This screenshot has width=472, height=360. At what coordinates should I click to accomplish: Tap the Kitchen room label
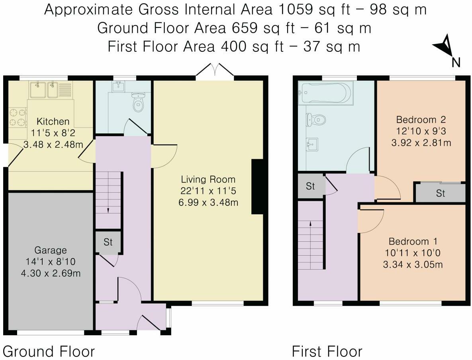(53, 121)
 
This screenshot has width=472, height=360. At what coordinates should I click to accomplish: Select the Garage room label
(51, 250)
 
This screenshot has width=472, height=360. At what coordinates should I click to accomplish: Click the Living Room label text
(208, 179)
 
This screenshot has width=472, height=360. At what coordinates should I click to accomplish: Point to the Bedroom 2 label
(421, 120)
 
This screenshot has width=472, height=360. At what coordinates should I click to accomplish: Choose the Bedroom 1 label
(413, 241)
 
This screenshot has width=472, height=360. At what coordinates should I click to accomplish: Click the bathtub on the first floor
(325, 93)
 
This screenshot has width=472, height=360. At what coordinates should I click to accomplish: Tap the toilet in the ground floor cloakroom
(138, 102)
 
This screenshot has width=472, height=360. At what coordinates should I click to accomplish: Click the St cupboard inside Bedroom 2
(440, 193)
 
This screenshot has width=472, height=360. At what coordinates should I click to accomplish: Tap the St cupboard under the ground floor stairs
(108, 242)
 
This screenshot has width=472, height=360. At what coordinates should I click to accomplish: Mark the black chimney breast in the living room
(257, 187)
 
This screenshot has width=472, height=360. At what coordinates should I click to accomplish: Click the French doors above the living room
(215, 71)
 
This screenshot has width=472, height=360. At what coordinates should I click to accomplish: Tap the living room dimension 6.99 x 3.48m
(208, 202)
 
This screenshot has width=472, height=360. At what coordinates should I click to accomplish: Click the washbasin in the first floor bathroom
(313, 145)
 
